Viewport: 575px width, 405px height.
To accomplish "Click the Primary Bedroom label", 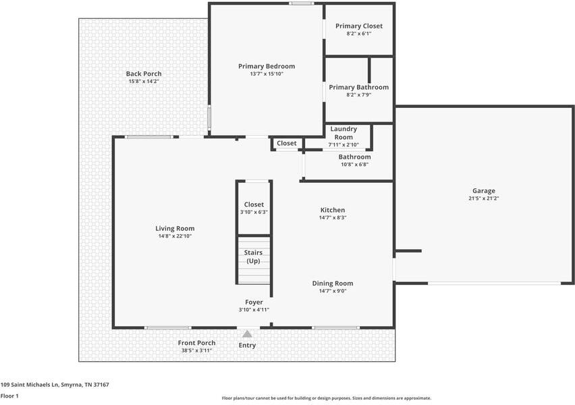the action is tap(267, 66).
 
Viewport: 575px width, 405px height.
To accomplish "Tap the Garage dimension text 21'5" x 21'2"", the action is tap(484, 198).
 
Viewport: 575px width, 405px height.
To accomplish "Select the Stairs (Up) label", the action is tap(253, 256).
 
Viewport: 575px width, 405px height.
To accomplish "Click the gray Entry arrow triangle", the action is tap(247, 334).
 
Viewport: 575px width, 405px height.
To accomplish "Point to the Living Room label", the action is tap(175, 229).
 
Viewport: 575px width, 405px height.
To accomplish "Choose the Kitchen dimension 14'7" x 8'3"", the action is tap(333, 217).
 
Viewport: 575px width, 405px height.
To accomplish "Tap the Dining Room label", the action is tap(333, 283).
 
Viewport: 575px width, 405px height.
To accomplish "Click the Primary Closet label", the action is tap(359, 26).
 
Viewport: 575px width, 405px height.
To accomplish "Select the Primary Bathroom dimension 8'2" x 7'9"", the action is tap(359, 95).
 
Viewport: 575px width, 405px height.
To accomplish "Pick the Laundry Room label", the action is tap(344, 133).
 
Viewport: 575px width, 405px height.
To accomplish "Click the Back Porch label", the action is tap(144, 74).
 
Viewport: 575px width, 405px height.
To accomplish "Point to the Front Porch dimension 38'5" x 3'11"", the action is tap(196, 351).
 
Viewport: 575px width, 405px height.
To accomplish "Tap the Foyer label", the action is tap(254, 302).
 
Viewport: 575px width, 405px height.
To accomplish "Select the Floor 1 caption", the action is tap(9, 396).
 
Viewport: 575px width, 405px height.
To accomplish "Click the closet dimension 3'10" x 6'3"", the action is tap(254, 212).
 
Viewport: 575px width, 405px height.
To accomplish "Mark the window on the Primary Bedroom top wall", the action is tap(301, 3).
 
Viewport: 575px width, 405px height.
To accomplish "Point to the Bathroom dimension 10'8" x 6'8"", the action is tap(354, 165).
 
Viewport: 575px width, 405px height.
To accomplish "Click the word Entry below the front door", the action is tap(247, 346).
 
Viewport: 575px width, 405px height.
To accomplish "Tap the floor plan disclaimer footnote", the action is tap(327, 398).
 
